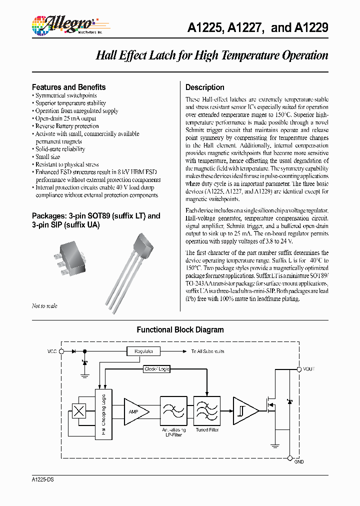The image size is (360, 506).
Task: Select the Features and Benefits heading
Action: (68, 87)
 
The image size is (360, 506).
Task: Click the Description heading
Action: (204, 87)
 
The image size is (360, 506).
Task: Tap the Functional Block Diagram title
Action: (180, 330)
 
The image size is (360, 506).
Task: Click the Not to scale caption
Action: (44, 306)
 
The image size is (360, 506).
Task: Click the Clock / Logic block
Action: (156, 369)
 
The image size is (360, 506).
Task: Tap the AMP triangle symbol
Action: (135, 411)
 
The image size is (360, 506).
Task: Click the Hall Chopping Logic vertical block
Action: (104, 415)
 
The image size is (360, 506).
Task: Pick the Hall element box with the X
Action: (79, 411)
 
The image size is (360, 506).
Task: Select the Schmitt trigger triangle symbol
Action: (245, 411)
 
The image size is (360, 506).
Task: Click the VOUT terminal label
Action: (309, 369)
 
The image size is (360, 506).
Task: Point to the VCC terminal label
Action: (52, 351)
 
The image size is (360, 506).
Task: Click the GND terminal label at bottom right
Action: (299, 461)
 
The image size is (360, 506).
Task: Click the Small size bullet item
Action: (47, 156)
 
